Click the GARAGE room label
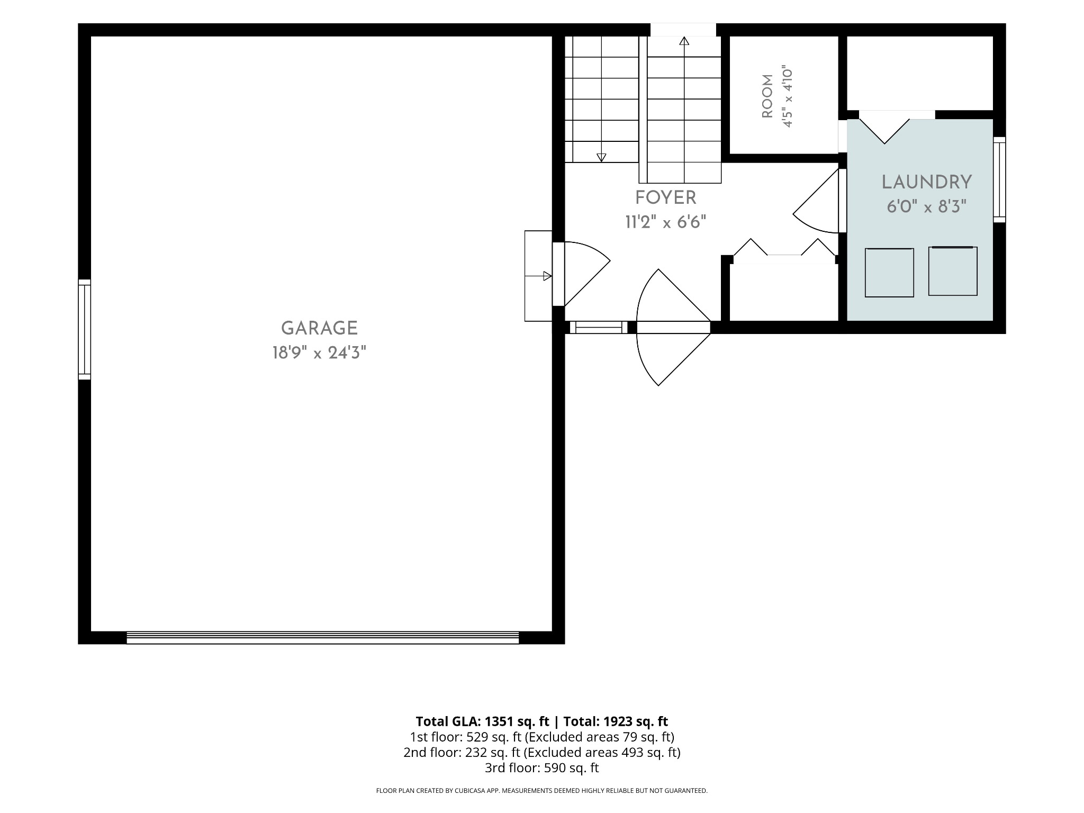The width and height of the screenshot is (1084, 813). (x=319, y=328)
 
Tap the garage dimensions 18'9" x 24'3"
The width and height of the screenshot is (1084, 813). (x=319, y=353)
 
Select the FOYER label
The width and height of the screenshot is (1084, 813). (x=665, y=198)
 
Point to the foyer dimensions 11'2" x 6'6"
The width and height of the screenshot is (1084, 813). (x=665, y=222)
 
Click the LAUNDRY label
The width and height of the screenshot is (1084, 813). (x=927, y=183)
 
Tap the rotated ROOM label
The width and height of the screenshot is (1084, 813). (x=767, y=97)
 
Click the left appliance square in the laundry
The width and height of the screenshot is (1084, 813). (x=889, y=273)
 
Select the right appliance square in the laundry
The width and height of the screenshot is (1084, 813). (x=953, y=271)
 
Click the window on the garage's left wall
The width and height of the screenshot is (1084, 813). (x=85, y=329)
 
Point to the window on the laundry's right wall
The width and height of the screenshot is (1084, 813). (x=999, y=179)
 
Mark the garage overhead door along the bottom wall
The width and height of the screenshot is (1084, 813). (x=323, y=637)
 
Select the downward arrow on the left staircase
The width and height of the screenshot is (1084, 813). (x=601, y=157)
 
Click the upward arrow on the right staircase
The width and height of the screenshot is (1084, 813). (x=684, y=41)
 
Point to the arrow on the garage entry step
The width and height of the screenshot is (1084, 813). (x=547, y=276)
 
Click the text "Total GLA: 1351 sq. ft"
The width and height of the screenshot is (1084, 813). (x=483, y=721)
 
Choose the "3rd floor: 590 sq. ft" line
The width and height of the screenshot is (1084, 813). (x=542, y=767)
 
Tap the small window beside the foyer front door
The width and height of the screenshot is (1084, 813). (x=598, y=328)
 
